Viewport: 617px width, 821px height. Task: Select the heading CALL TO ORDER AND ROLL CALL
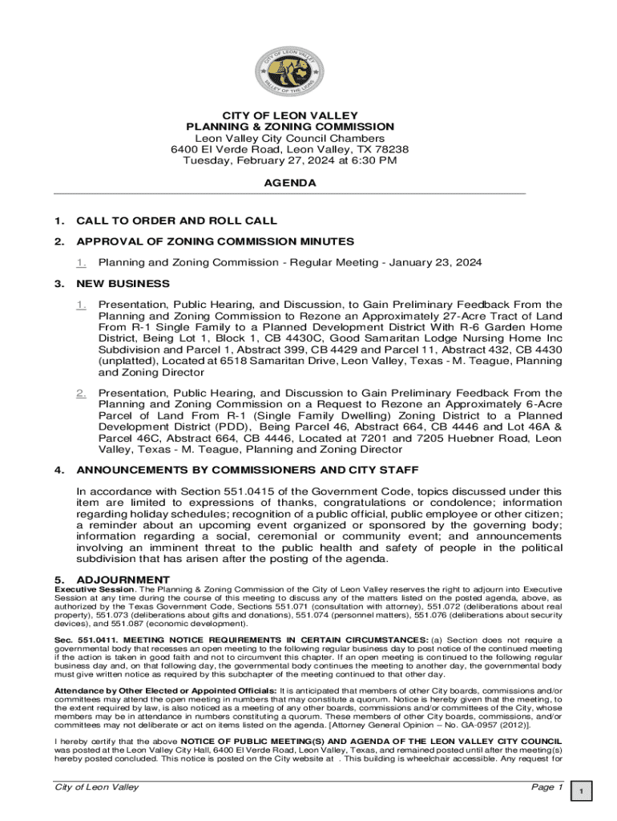coord(176,220)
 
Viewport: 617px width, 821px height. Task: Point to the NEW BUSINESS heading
coord(123,284)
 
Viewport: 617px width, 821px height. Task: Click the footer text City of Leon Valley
coord(95,787)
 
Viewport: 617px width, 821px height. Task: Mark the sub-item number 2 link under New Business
coord(81,393)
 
